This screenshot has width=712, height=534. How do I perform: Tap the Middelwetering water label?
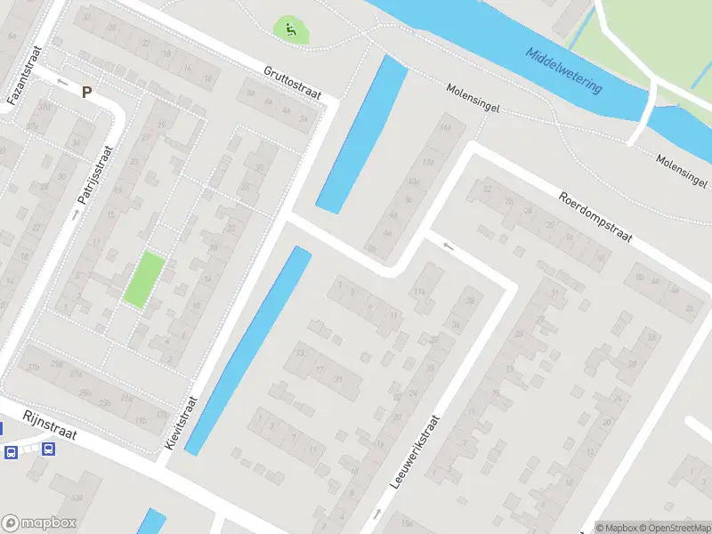click(563, 70)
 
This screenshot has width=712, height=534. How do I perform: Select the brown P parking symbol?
click(86, 91)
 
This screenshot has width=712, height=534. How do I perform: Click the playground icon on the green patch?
click(290, 29)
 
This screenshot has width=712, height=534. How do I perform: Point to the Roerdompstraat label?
click(595, 216)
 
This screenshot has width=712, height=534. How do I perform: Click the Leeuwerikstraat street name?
click(415, 453)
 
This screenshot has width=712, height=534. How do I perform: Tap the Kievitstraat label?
click(180, 422)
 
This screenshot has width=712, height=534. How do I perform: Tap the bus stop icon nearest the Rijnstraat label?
click(46, 449)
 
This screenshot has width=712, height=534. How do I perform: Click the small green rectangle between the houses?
click(143, 279)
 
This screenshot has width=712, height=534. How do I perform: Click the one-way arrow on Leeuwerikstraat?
click(378, 513)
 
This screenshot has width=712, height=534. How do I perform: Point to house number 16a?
click(446, 128)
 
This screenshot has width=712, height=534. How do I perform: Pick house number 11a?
click(419, 292)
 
